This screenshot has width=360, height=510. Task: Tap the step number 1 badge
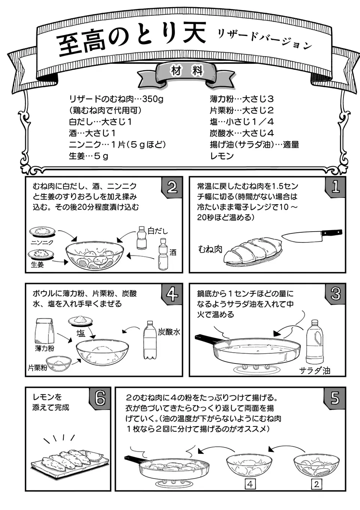tap(335, 186)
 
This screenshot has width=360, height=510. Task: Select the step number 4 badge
tap(172, 293)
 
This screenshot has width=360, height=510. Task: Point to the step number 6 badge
tap(100, 398)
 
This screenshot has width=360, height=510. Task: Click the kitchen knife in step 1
tap(311, 235)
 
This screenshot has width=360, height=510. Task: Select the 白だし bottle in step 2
tap(141, 238)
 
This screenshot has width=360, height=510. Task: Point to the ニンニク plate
tap(42, 232)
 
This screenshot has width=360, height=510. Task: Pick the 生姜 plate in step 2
tap(41, 255)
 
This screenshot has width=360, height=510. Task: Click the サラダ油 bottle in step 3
tap(315, 342)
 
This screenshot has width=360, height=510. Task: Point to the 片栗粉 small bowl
tap(59, 363)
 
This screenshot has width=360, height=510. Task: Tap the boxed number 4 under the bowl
tap(250, 484)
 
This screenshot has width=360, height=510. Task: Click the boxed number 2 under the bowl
tap(316, 484)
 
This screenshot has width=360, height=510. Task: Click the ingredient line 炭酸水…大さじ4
tap(241, 133)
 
